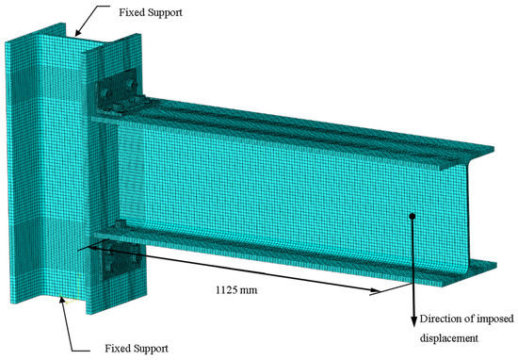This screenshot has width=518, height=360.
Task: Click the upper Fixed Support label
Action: coord(151,12)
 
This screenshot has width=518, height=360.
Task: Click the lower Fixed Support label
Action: coord(137,349)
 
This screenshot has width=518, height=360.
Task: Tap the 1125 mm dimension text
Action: coord(236,290)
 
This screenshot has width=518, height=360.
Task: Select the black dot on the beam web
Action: coord(412,216)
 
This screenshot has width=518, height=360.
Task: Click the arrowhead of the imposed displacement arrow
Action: coord(413,321)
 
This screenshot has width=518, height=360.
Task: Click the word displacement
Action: coord(449,338)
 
